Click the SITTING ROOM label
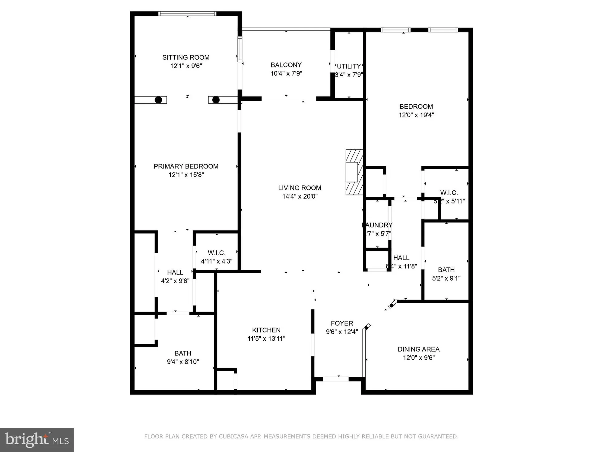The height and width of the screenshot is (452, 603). coord(186,57)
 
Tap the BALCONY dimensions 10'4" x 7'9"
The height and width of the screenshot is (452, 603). coord(286,73)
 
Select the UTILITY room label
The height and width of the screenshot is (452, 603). coord(349,66)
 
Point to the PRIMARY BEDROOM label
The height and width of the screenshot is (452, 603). coord(186,166)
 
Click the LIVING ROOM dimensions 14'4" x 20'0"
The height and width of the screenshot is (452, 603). coord(300,196)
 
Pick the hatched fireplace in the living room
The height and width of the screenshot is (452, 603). coord(354,172)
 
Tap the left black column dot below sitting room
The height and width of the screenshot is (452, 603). coord(158,100)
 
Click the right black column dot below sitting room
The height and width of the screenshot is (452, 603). coord(216,100)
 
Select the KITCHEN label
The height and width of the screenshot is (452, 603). coord(266,330)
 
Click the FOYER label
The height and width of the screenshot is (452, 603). coord(342,323)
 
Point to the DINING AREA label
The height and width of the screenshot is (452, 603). coord(418,349)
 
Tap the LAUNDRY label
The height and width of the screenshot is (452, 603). coord(377,225)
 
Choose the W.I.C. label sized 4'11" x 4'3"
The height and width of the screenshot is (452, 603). coord(216,253)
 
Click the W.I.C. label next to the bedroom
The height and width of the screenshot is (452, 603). coord(449,193)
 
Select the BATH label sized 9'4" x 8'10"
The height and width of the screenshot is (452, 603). coord(182,353)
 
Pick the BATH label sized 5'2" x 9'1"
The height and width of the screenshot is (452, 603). coord(446,270)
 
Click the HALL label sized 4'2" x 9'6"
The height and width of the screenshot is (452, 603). coord(175,272)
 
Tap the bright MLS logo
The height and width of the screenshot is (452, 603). coord(37,440)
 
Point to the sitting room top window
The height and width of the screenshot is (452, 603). coord(187,14)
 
